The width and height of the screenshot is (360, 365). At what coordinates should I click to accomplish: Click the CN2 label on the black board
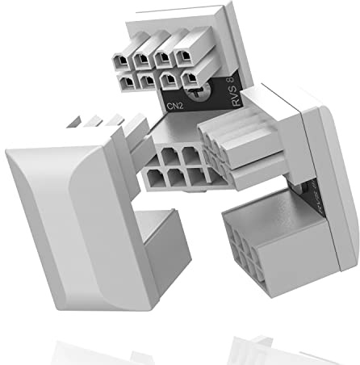tap(173, 103)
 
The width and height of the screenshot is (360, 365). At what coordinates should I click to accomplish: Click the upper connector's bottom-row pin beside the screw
tap(190, 78)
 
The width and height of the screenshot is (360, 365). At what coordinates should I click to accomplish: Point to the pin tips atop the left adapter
tap(101, 125)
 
